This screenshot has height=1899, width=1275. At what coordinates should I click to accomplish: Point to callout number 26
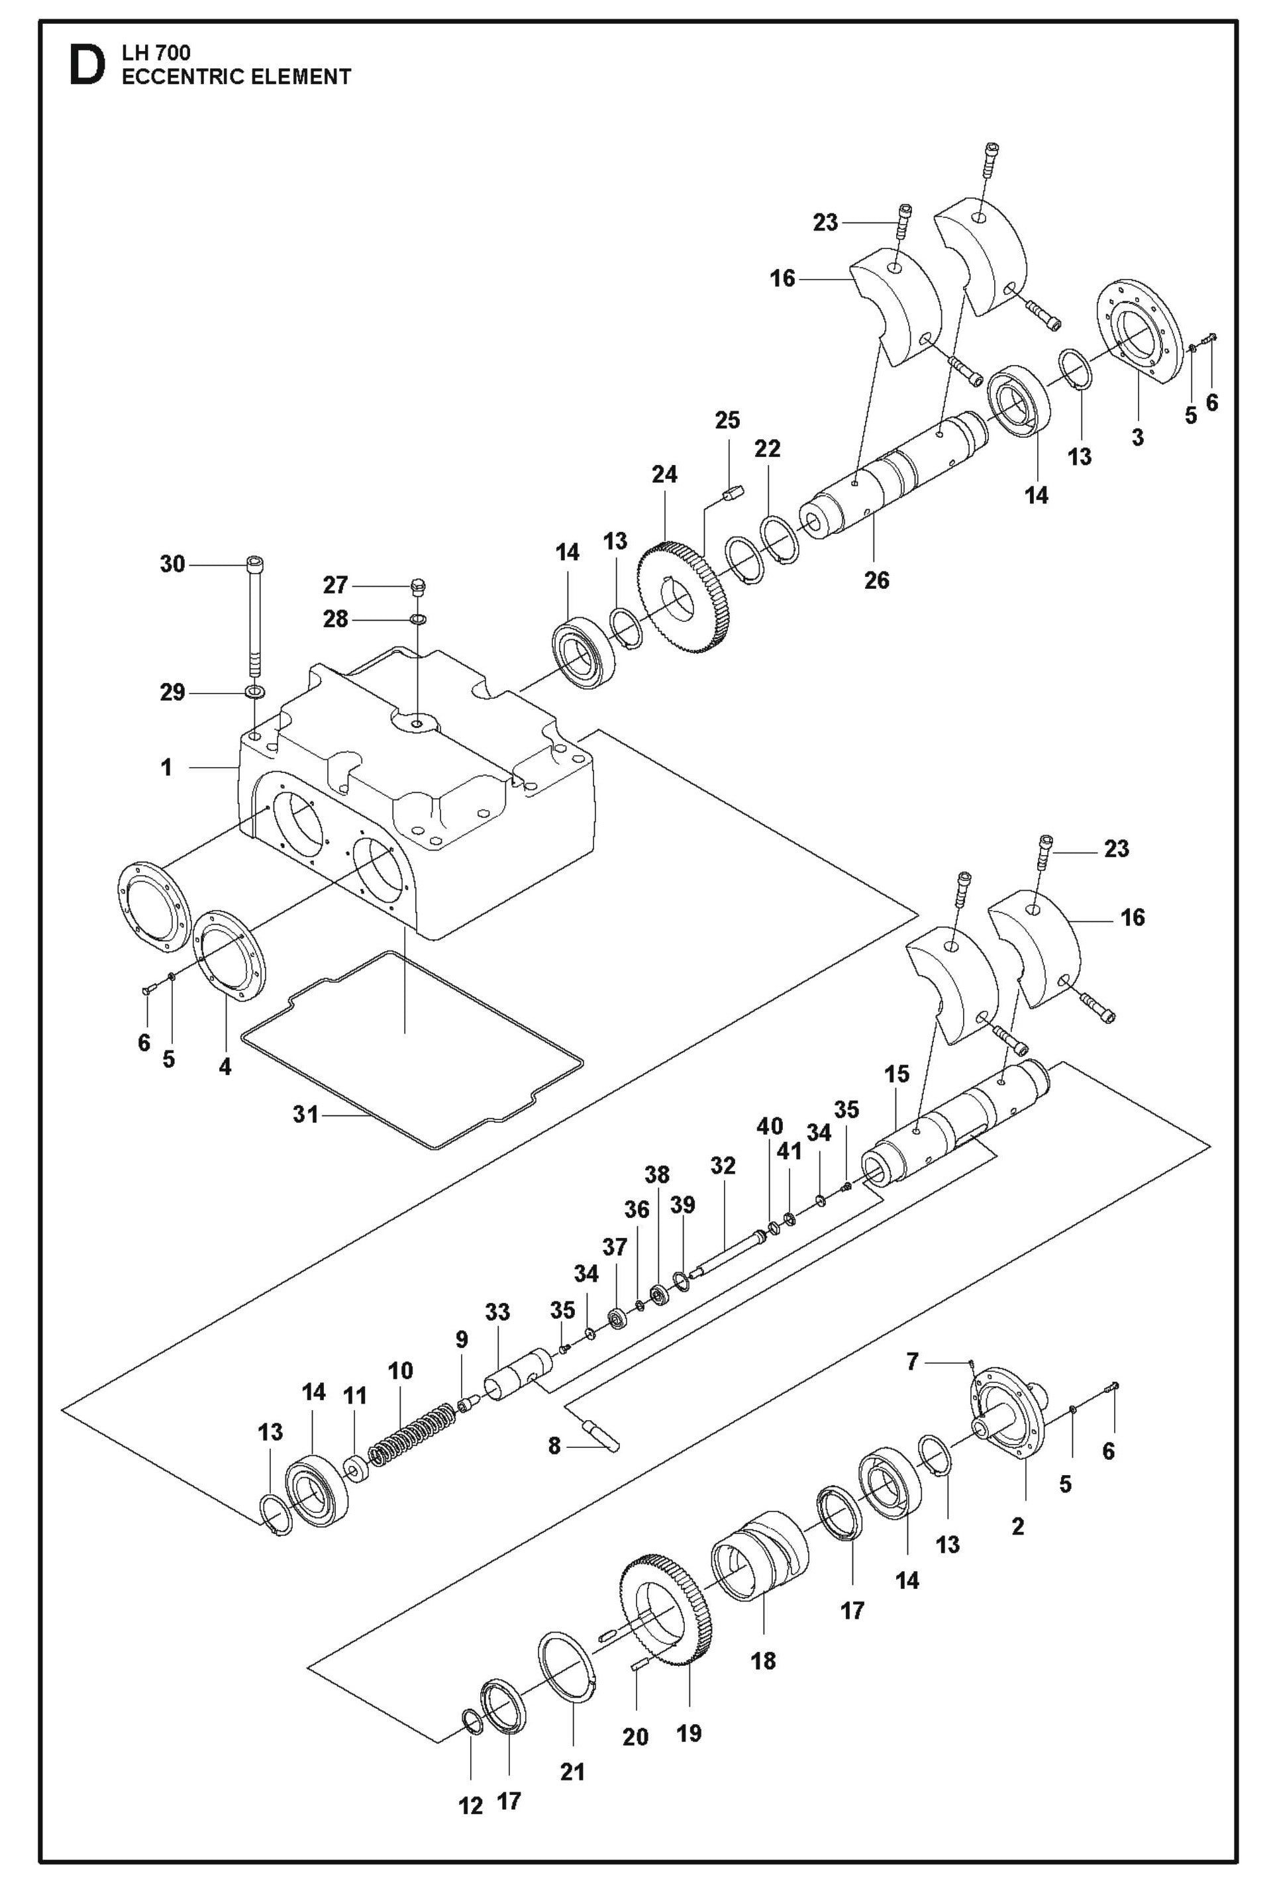(x=876, y=580)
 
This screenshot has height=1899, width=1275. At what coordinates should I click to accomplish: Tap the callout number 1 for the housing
(x=167, y=768)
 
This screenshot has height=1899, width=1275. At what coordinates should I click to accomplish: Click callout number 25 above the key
(x=727, y=421)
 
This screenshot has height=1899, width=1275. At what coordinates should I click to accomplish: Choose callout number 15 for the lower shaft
(x=896, y=1074)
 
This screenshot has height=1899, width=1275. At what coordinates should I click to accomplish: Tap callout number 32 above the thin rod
(x=722, y=1166)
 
